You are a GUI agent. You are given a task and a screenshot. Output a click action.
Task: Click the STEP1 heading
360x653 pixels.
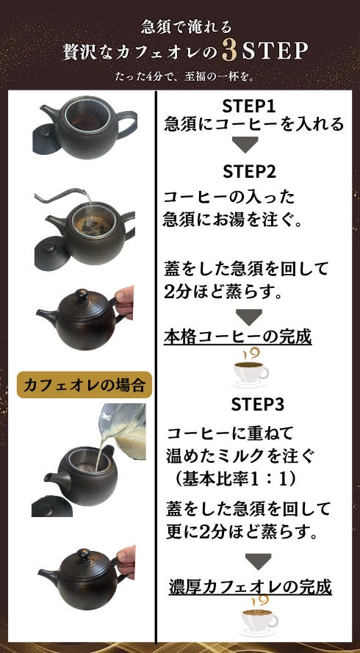[249, 107]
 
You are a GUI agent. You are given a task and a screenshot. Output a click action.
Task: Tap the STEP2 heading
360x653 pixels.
[249, 171]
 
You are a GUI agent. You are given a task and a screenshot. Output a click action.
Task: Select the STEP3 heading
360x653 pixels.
[258, 405]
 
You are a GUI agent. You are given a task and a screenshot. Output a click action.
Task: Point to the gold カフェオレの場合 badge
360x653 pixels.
[84, 385]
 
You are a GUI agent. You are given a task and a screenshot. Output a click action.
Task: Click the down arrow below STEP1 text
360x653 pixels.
[245, 144]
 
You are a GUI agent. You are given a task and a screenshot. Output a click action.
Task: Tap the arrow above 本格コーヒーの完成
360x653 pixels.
[249, 317]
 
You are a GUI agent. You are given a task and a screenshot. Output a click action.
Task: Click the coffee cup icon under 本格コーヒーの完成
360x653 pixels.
[250, 367]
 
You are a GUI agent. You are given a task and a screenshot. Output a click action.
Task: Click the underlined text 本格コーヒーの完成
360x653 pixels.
[237, 337]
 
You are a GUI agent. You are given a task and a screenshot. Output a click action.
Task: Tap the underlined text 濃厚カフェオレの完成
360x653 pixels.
[251, 587]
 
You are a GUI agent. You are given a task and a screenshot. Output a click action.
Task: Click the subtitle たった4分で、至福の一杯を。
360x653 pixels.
[180, 77]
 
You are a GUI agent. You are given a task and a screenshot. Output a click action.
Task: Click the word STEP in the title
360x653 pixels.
[275, 52]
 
